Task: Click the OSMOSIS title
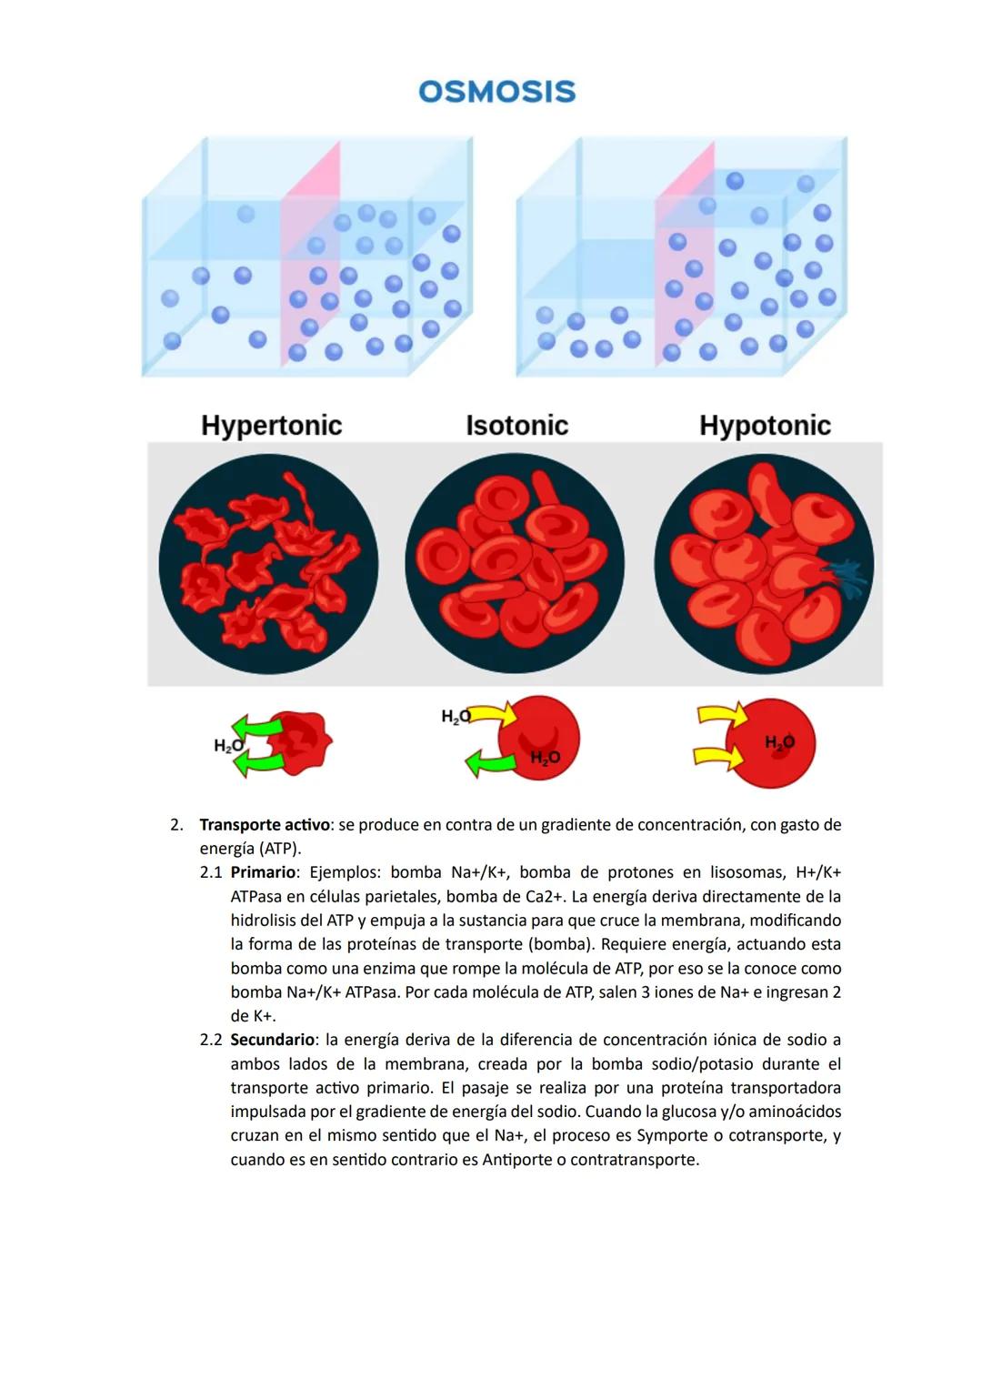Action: pos(496,92)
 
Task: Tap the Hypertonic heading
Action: pos(271,426)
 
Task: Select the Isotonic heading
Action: pos(516,426)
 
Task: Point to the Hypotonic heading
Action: pos(765,426)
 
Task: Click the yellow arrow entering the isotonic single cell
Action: pos(492,716)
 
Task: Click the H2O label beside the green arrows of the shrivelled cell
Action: pos(228,746)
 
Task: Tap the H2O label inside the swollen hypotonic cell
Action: pos(779,742)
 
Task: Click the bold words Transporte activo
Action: pos(264,825)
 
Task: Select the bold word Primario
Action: pos(263,872)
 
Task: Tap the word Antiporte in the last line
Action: pos(516,1160)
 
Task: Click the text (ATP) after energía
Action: pos(279,849)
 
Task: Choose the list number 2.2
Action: pos(211,1040)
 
